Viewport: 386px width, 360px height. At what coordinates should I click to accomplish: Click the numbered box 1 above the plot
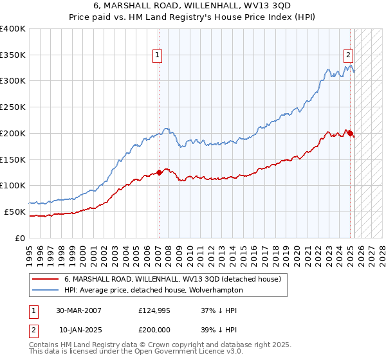tap(157, 56)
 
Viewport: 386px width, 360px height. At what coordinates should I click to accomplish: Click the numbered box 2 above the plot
tap(348, 56)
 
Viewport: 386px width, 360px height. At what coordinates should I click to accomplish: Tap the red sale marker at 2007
tap(159, 172)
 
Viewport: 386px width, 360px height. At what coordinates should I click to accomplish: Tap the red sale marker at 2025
tap(351, 133)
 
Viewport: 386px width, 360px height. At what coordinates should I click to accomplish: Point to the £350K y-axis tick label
tap(13, 55)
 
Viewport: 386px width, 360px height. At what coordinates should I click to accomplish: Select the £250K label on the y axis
tap(13, 107)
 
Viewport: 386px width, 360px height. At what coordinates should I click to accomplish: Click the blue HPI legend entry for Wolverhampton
tap(153, 290)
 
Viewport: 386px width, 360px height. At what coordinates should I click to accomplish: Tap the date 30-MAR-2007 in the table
tap(78, 310)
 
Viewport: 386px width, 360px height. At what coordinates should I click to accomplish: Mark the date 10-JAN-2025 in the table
tap(78, 331)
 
